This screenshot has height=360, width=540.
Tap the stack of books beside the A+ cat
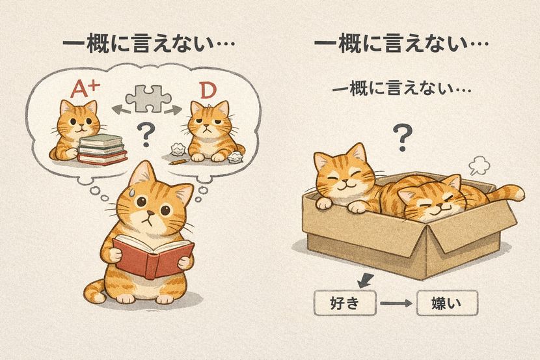coord(103,149)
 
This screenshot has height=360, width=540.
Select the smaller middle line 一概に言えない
coord(402,89)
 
